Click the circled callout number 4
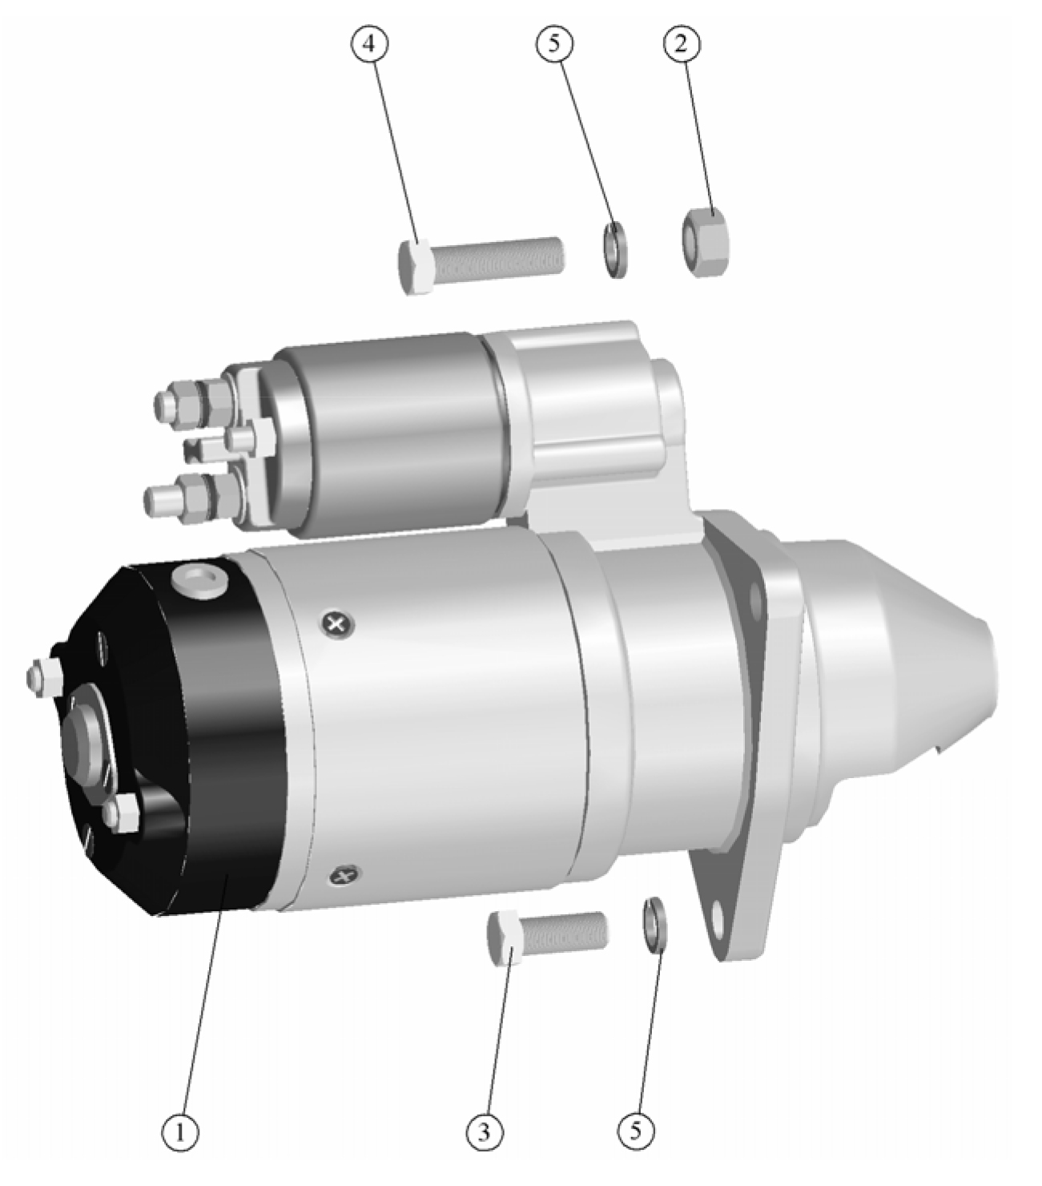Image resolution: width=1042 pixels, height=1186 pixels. click(369, 45)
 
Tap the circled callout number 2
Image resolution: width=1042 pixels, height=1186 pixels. click(681, 45)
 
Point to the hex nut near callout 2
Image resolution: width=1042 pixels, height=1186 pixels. click(706, 242)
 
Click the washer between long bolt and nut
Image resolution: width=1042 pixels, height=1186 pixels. click(614, 250)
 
